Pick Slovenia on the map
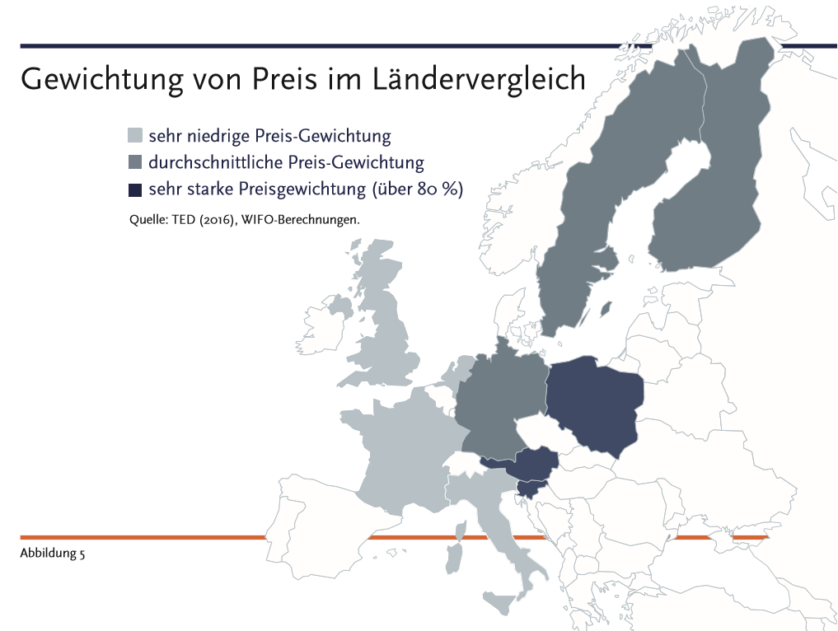527,489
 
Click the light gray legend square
136,135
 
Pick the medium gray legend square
136,162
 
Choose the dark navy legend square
136,189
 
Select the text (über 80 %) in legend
417,189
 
